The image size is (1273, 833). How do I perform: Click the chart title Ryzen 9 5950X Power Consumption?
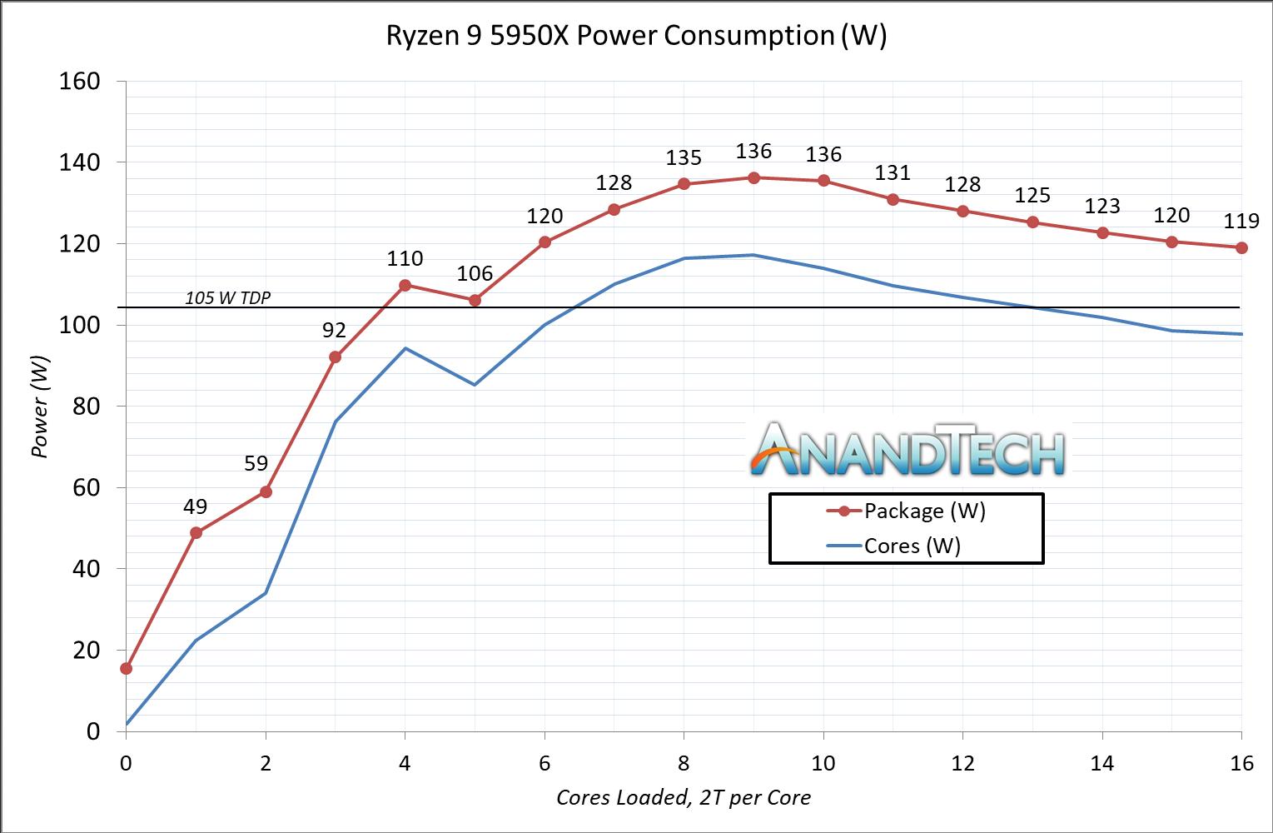point(636,36)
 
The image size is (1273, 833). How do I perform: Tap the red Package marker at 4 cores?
point(405,285)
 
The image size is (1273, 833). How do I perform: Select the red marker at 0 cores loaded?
point(127,668)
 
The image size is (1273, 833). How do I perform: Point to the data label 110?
point(405,259)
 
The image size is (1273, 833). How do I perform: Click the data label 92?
point(334,331)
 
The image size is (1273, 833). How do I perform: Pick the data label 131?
point(893,173)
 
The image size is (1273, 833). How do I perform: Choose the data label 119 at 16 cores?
point(1241,222)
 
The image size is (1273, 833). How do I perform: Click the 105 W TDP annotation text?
point(227,298)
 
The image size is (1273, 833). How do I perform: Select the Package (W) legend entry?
point(908,511)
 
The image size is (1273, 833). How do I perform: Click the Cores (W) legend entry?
point(895,546)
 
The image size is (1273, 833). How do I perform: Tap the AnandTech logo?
point(908,451)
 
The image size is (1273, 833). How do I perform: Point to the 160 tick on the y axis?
point(80,82)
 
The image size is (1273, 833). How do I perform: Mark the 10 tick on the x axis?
point(823,763)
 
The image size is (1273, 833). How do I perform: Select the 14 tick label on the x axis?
point(1102,763)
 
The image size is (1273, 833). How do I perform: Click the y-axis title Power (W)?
point(39,407)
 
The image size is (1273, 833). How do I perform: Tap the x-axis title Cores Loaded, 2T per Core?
point(684,798)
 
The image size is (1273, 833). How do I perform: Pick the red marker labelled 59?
point(266,491)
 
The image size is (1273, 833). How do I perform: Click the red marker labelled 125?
point(1032,222)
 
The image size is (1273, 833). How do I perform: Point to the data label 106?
point(475,274)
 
